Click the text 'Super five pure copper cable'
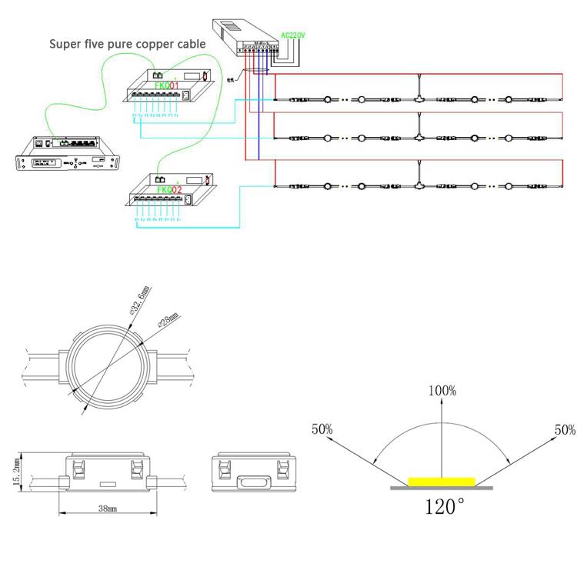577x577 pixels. [128, 45]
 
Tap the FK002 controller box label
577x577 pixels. [168, 189]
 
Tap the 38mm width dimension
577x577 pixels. [106, 509]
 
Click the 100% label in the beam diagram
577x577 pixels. [442, 391]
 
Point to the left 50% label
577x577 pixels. [322, 429]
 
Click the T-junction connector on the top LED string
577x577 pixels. [418, 99]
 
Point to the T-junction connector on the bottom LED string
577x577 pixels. [418, 185]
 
